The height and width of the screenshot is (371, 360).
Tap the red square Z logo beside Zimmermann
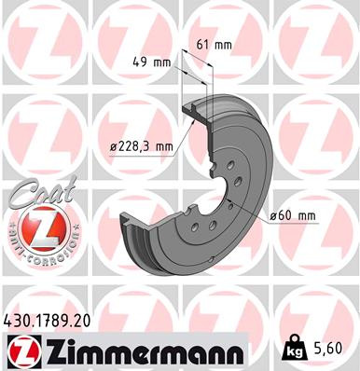(22, 350)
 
